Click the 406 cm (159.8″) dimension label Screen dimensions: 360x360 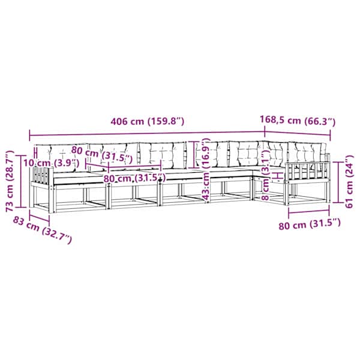(148, 121)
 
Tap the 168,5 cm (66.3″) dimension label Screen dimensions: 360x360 (298, 121)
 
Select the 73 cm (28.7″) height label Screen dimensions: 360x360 (10, 181)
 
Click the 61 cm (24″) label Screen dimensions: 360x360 (349, 182)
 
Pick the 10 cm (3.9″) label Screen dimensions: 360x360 (52, 163)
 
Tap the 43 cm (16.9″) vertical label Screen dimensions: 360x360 (206, 169)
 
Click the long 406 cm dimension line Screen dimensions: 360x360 (147, 134)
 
